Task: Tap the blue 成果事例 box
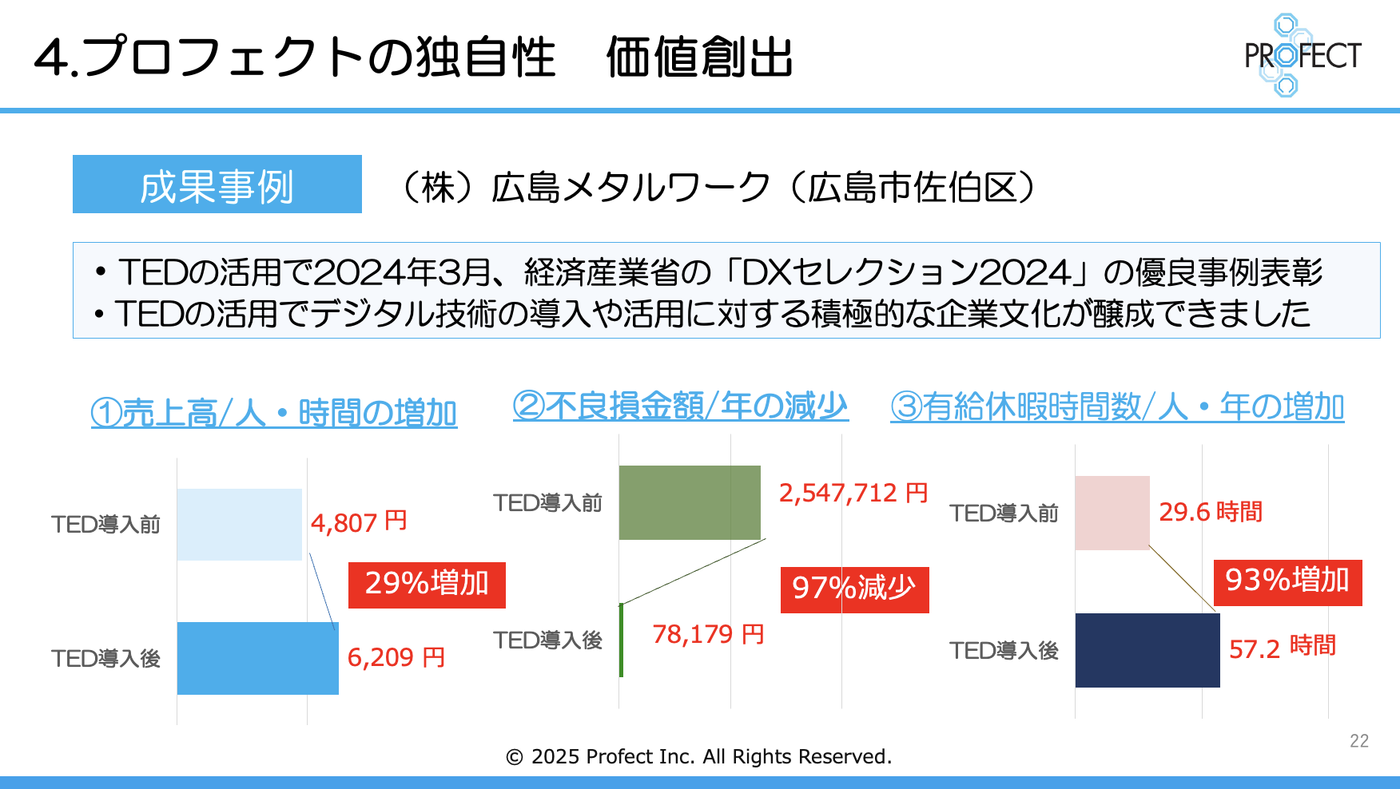click(x=217, y=184)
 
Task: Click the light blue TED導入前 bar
click(x=239, y=524)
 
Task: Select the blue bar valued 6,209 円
click(x=257, y=658)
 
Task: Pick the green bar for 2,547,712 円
click(x=689, y=502)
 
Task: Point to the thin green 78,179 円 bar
click(x=621, y=640)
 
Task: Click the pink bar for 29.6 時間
click(x=1112, y=513)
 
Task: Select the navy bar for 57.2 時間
click(x=1147, y=650)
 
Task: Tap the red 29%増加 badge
click(x=427, y=585)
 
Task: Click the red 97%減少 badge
click(x=854, y=589)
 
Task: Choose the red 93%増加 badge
click(x=1287, y=581)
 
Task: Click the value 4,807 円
click(x=359, y=522)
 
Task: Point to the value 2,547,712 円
click(x=853, y=493)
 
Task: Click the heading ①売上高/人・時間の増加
click(x=274, y=414)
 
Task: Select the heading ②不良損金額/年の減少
click(x=680, y=406)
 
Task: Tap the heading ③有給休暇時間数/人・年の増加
click(x=1117, y=407)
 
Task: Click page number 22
click(x=1358, y=741)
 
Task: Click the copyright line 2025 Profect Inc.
click(x=699, y=756)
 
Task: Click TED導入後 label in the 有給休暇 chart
click(x=1004, y=651)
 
